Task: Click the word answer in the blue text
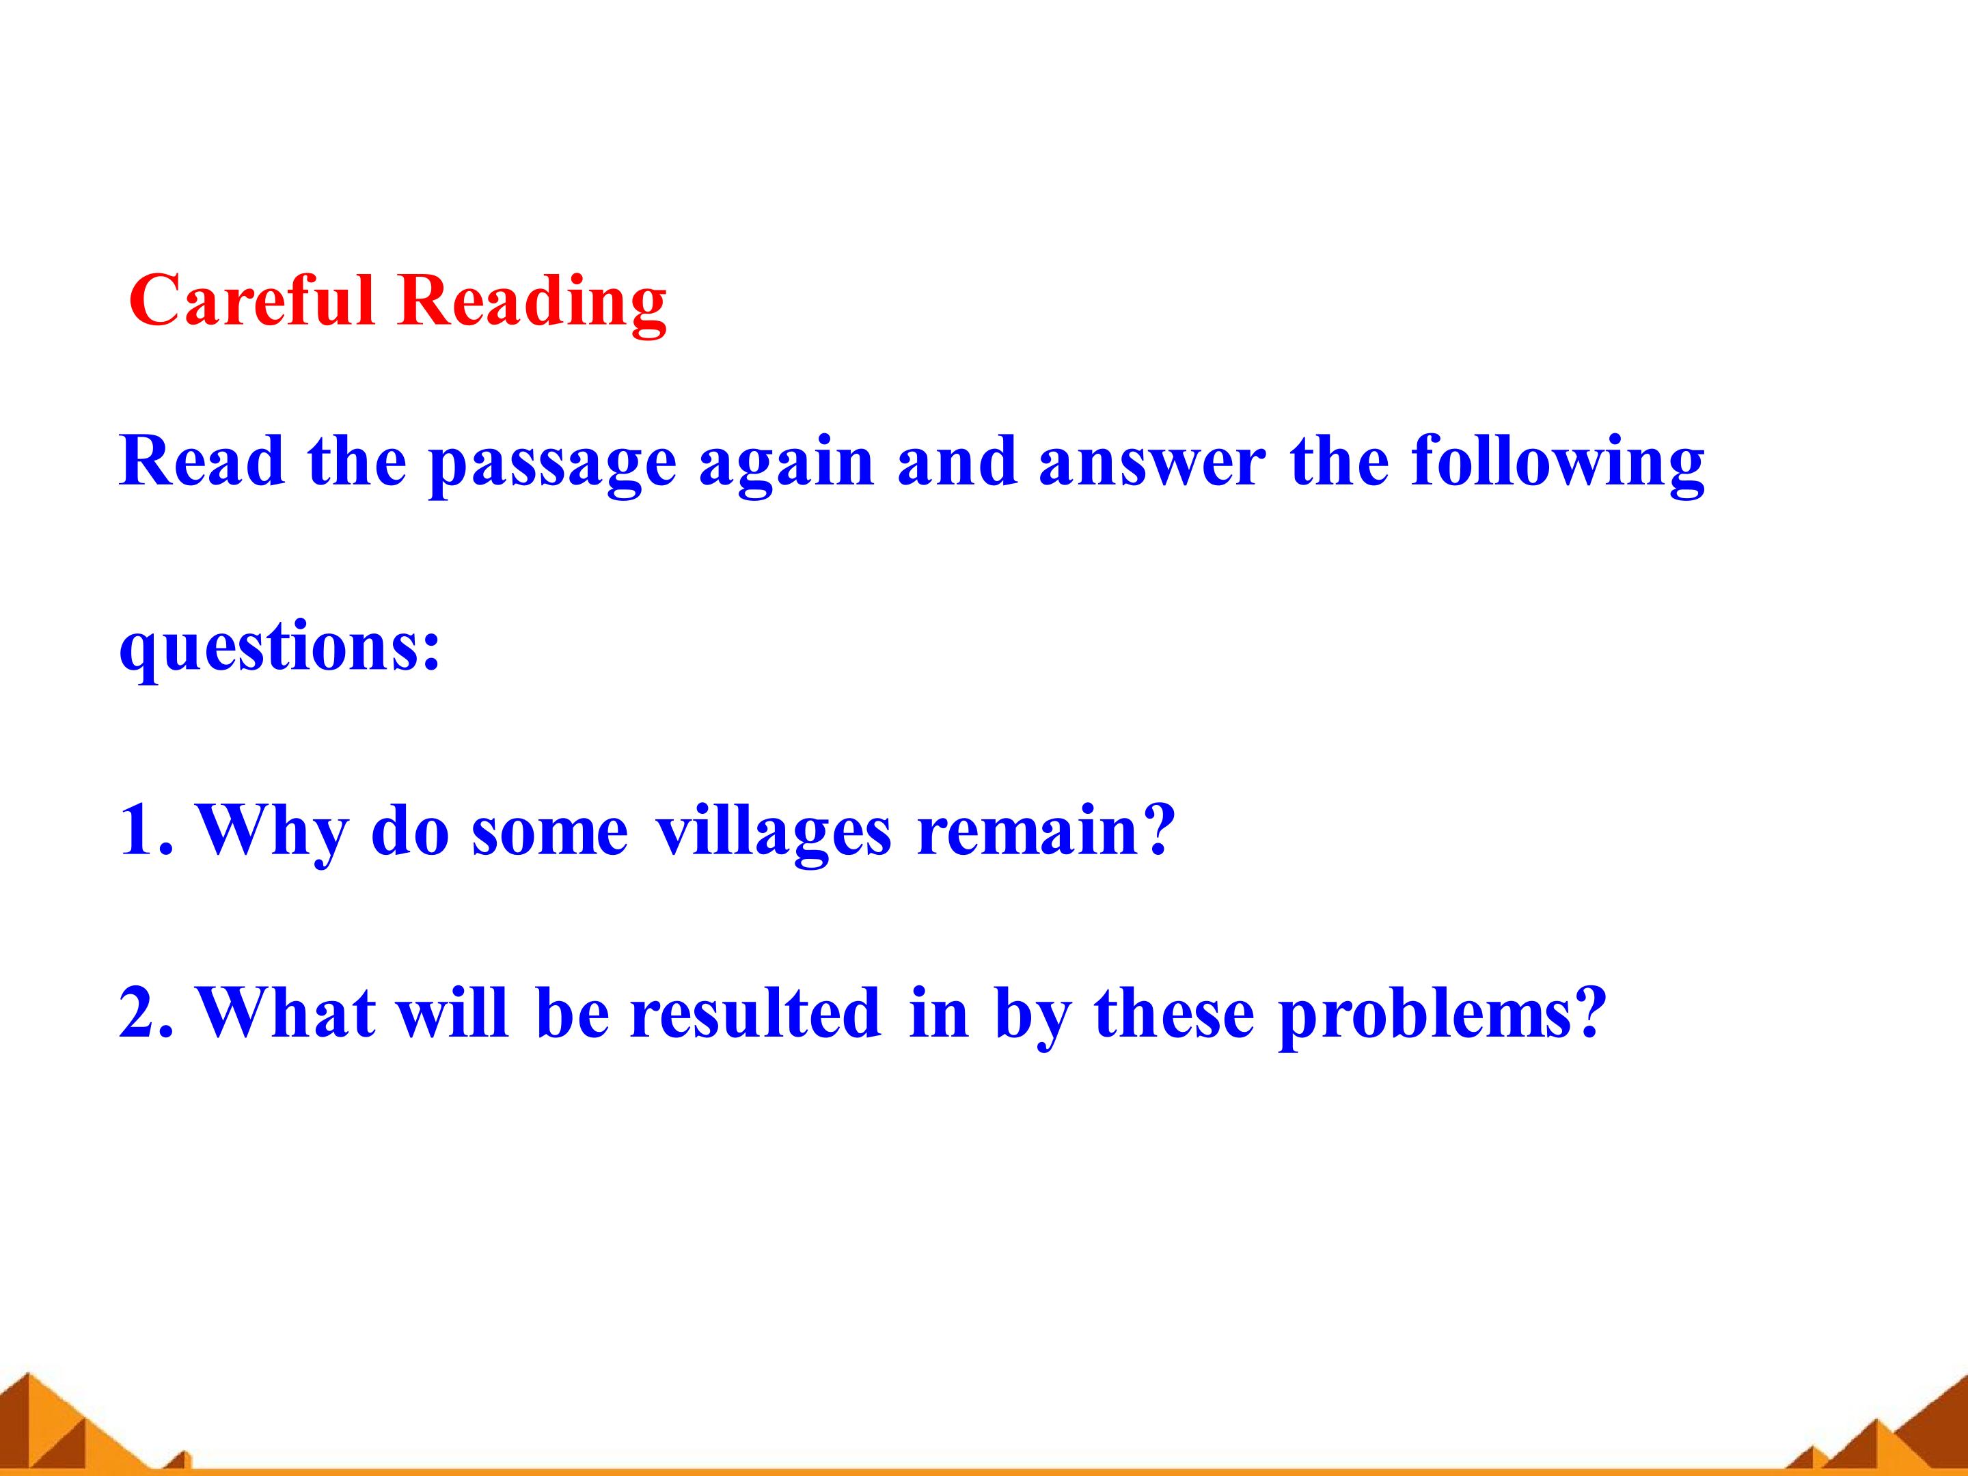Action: (x=1151, y=463)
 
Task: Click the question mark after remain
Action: (x=1157, y=828)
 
